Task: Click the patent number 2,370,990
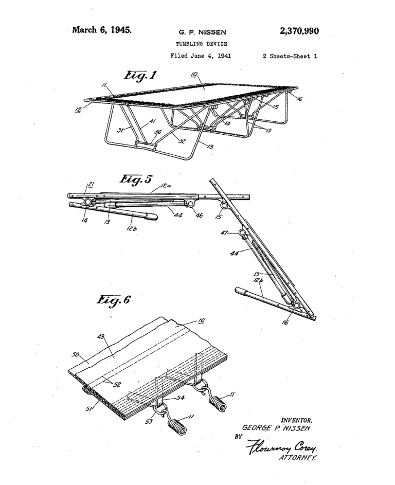point(299,31)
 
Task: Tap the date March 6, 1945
point(102,29)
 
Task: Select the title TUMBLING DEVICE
point(197,44)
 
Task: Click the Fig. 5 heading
point(136,179)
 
